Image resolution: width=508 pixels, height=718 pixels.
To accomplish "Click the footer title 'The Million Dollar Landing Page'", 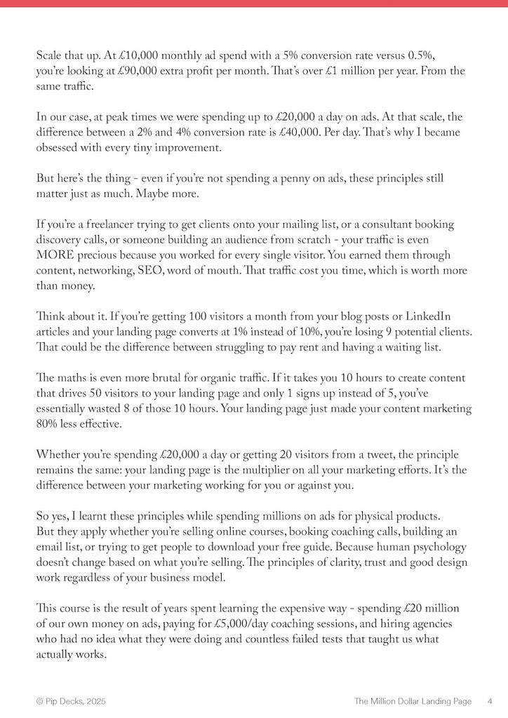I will click(413, 700).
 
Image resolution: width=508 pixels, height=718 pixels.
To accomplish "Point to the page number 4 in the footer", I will click(490, 700).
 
